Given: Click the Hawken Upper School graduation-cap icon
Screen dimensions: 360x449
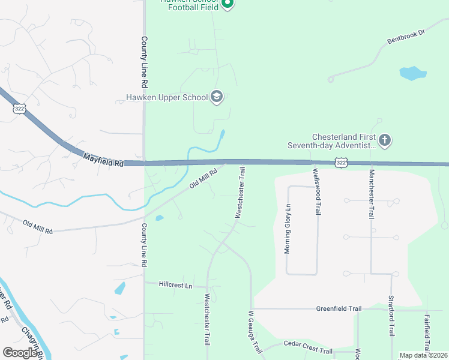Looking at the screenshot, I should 217,97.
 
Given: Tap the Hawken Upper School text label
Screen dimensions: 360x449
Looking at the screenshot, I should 166,97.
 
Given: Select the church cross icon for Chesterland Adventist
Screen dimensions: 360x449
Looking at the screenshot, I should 384,141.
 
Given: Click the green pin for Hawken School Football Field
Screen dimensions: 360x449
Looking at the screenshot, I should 227,4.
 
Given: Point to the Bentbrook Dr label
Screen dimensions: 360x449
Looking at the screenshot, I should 406,38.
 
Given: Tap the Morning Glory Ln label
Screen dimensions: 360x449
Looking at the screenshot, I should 288,229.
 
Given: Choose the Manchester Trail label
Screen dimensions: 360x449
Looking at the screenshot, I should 372,193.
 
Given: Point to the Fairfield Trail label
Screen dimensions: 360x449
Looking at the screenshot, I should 426,333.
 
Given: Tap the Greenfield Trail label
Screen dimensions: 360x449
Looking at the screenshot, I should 339,309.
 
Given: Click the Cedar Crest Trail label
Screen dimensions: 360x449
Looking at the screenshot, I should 308,350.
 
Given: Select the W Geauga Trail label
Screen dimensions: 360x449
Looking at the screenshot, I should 256,332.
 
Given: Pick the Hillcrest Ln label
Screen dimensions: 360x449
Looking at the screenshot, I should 176,285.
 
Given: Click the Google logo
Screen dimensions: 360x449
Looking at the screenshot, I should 20,353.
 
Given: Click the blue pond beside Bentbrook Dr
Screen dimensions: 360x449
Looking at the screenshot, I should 412,74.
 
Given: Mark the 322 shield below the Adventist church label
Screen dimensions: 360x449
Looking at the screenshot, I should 341,163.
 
